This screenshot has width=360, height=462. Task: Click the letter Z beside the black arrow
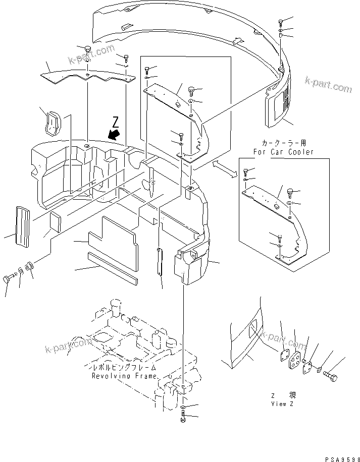tap(116, 122)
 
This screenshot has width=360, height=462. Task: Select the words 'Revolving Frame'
tap(124, 376)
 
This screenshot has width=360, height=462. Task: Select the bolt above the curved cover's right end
tap(280, 22)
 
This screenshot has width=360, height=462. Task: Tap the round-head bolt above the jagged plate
tap(87, 49)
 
